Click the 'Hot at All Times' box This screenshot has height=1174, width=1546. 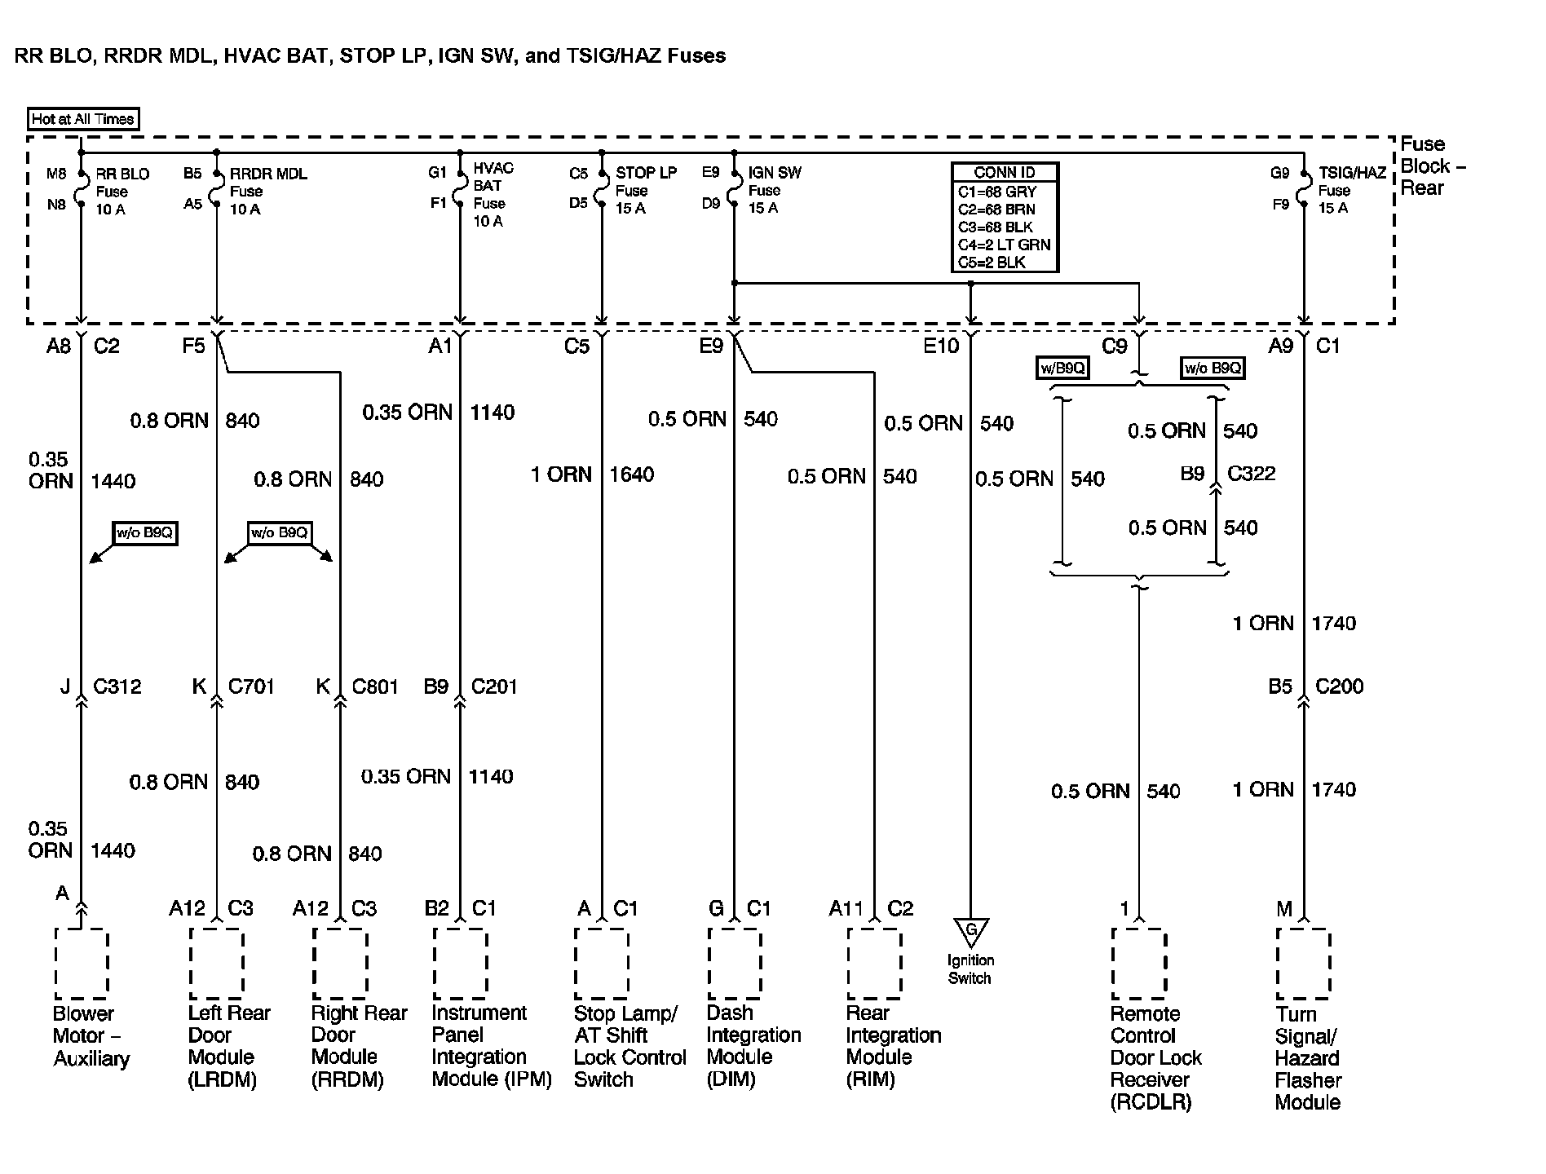pyautogui.click(x=82, y=119)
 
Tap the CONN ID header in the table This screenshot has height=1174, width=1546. pyautogui.click(x=1005, y=173)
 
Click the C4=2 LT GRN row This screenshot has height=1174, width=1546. pyautogui.click(x=1005, y=245)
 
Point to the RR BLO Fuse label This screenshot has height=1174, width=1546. pyautogui.click(x=122, y=192)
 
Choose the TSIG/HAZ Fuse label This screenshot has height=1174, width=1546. pyautogui.click(x=1352, y=190)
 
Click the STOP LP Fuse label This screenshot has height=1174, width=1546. pyautogui.click(x=645, y=190)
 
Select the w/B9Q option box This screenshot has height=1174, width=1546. pyautogui.click(x=1063, y=369)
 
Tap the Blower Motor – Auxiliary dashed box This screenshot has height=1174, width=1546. pyautogui.click(x=82, y=964)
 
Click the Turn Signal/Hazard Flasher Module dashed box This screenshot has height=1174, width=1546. pyautogui.click(x=1303, y=964)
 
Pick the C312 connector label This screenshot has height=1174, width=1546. pyautogui.click(x=117, y=686)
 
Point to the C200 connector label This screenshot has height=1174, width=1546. pyautogui.click(x=1339, y=686)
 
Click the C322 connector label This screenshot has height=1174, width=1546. pyautogui.click(x=1251, y=474)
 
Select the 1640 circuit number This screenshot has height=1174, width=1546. pyautogui.click(x=631, y=474)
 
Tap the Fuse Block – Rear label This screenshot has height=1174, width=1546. pyautogui.click(x=1433, y=166)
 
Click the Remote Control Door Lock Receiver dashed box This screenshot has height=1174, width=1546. pyautogui.click(x=1139, y=964)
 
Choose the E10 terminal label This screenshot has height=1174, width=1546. pyautogui.click(x=941, y=346)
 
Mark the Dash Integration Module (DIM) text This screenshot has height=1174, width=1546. pyautogui.click(x=753, y=1046)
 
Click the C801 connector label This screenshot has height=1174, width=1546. pyautogui.click(x=375, y=686)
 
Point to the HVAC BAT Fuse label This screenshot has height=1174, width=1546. pyautogui.click(x=492, y=195)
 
